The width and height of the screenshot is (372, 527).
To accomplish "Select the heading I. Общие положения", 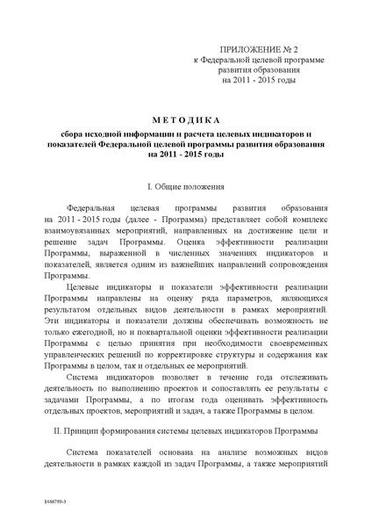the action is tap(186, 187).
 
